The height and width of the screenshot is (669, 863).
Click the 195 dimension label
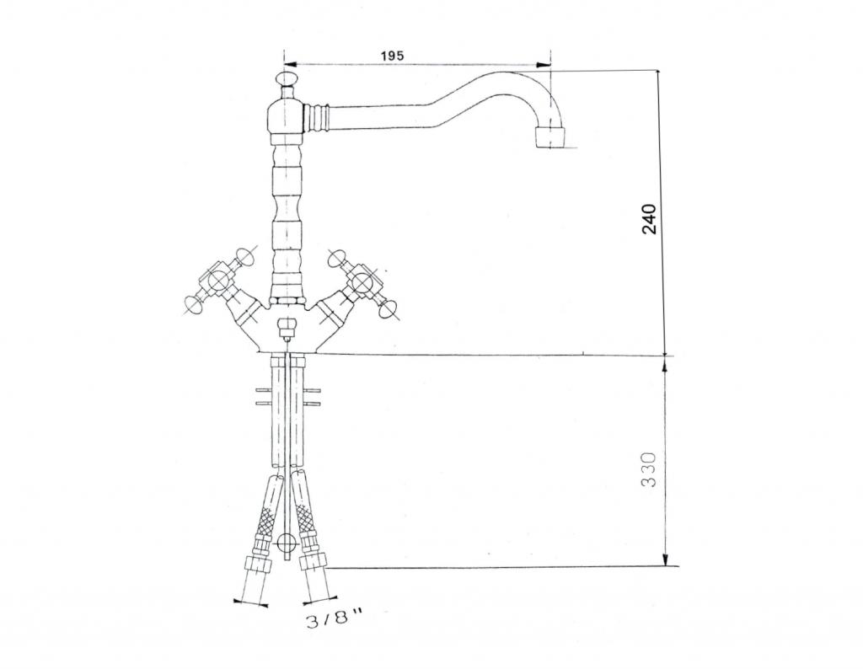click(392, 56)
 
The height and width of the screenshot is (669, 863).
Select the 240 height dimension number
click(650, 218)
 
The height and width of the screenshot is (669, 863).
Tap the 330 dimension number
click(649, 470)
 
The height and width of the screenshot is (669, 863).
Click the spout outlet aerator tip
click(550, 137)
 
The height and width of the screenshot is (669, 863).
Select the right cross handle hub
click(361, 283)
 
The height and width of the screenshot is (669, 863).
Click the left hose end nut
click(256, 564)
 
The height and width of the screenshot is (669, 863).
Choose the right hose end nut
click(314, 563)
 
